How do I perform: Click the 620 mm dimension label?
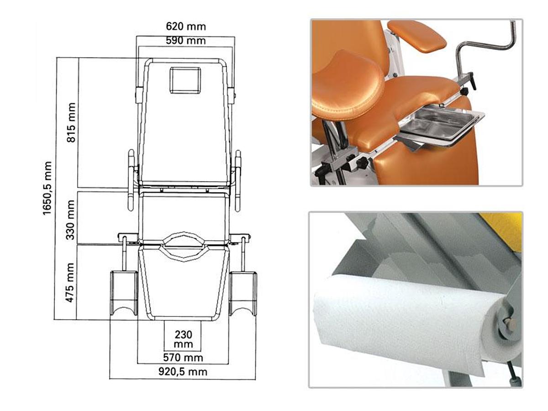coord(185,26)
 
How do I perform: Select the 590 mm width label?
coord(185,41)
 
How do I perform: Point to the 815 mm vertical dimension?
coord(71,122)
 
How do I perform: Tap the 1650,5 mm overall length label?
coord(48,188)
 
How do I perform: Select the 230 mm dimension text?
coord(183,339)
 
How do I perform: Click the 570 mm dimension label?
coord(183,357)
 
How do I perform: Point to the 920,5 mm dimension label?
coord(183,372)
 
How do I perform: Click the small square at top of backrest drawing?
coord(185,80)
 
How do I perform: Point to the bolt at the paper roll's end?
coord(510,324)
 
